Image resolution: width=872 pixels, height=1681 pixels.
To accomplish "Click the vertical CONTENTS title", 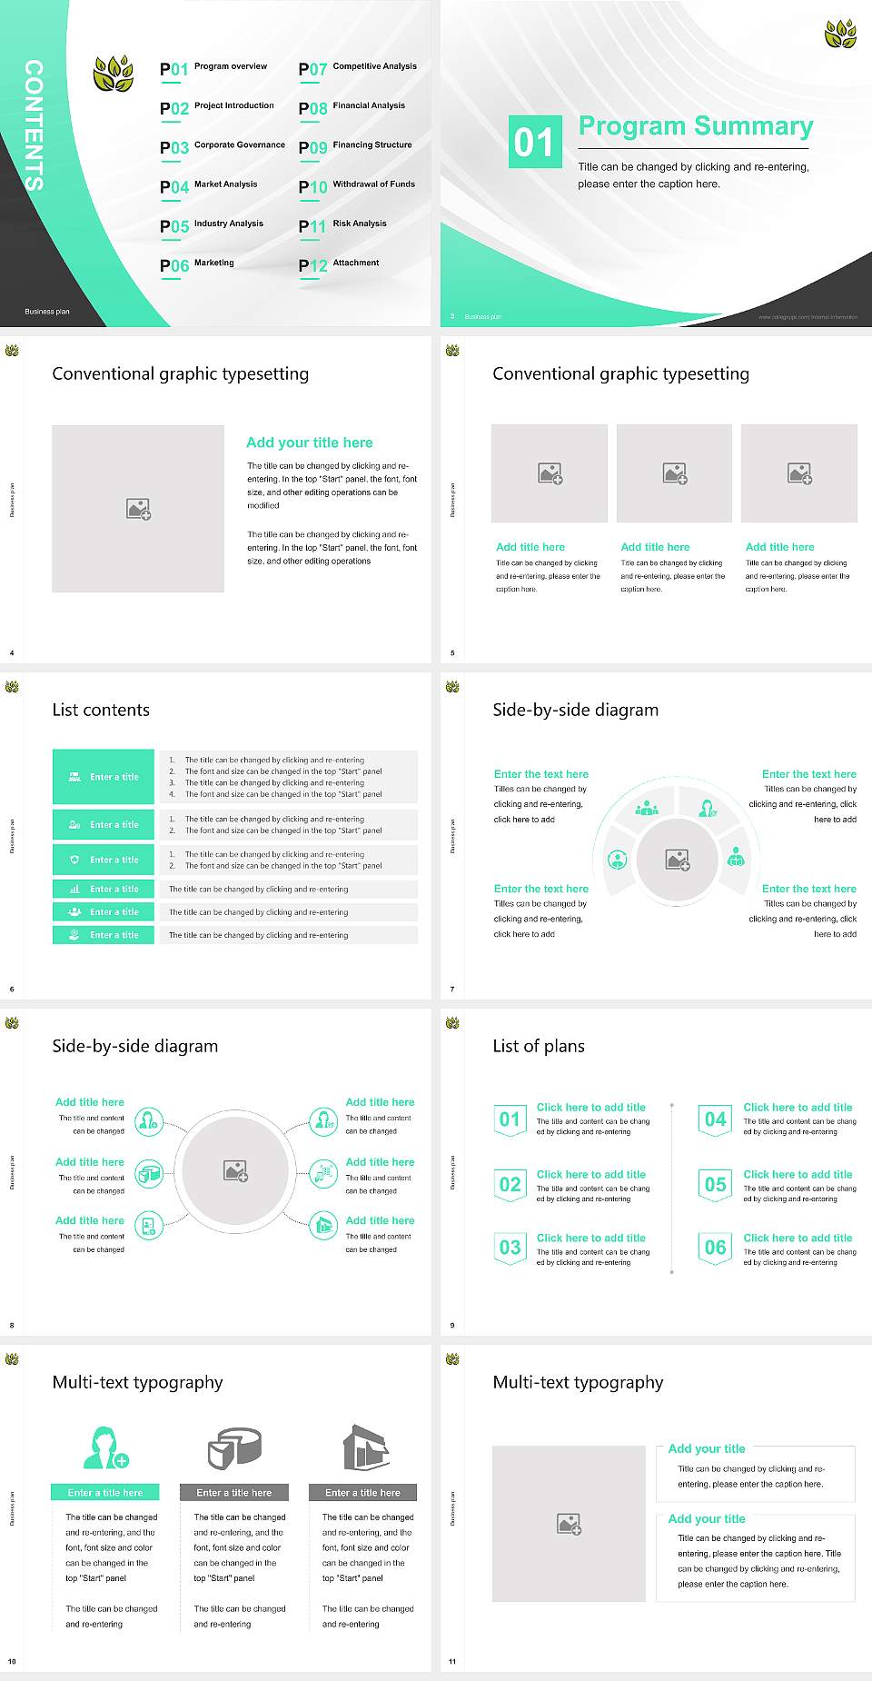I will (x=34, y=125).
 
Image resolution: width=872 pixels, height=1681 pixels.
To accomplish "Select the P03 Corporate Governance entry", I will (x=223, y=147).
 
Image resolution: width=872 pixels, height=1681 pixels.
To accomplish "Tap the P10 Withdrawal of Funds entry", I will (x=357, y=186).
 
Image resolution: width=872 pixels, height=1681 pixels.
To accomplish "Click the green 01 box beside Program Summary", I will (x=535, y=142).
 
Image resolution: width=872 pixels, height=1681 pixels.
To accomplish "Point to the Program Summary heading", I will (x=695, y=126).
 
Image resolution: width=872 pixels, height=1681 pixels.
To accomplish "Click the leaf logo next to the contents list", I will (x=114, y=74).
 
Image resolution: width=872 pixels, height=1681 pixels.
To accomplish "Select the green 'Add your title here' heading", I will (x=309, y=443).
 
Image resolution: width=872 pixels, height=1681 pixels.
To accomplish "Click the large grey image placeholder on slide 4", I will (x=138, y=508).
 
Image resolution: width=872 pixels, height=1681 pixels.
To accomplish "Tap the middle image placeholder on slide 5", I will (x=674, y=473).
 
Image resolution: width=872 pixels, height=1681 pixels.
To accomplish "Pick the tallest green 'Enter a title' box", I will (x=104, y=777).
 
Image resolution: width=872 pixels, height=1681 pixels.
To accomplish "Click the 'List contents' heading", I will (x=101, y=710).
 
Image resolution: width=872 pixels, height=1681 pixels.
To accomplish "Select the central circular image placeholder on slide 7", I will (x=677, y=859).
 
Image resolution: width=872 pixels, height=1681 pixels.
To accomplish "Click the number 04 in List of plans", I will (x=716, y=1119).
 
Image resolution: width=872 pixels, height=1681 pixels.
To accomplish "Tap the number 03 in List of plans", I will (x=510, y=1248).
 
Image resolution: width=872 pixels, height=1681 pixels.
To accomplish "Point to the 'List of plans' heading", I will (x=539, y=1046).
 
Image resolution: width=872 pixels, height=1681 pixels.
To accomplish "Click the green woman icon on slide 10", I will (x=105, y=1448).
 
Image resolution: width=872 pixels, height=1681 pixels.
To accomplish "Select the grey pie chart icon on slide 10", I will (x=234, y=1447).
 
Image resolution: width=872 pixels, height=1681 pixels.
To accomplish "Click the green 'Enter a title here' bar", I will (x=105, y=1492).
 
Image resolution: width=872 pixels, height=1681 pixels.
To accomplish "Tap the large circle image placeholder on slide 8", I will (x=236, y=1170).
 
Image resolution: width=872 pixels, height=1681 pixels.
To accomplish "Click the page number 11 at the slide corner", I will (x=452, y=1662).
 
